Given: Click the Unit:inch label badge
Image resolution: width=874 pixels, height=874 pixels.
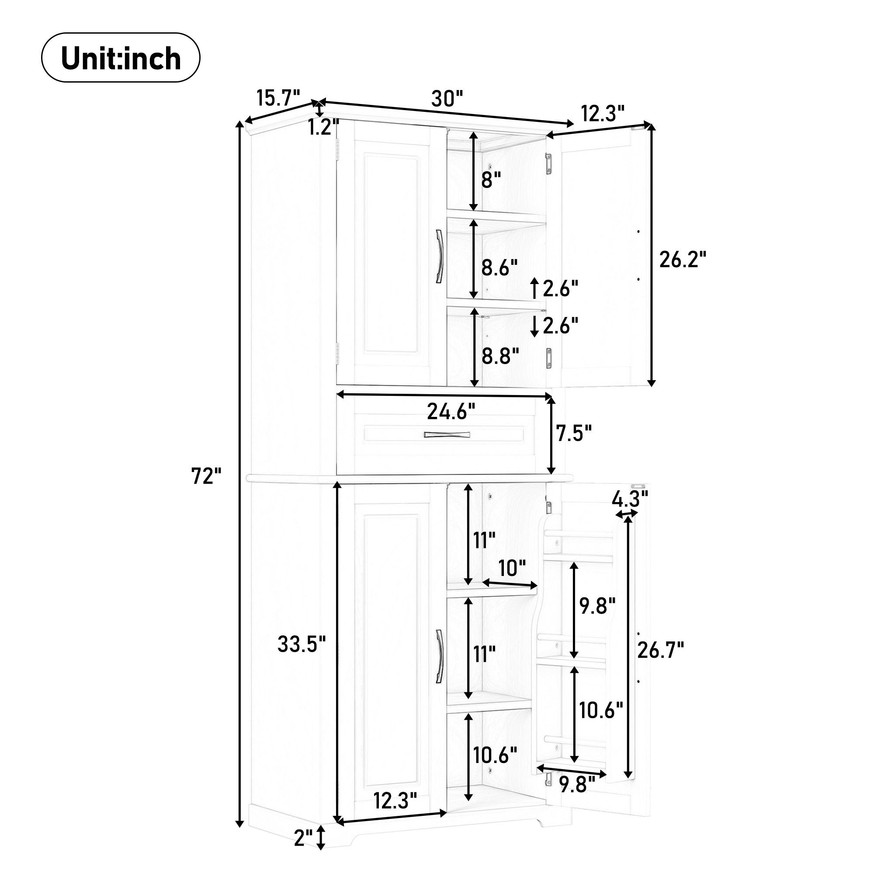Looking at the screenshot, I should [120, 58].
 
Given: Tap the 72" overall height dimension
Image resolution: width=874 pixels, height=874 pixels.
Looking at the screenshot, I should [206, 476].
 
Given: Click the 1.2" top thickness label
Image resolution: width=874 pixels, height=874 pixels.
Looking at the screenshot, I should [323, 128].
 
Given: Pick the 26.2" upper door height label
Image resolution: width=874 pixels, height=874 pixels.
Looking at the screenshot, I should [682, 260].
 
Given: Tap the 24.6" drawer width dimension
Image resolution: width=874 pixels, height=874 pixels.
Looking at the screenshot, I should [451, 412].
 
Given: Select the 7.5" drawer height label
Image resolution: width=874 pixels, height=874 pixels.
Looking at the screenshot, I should [574, 434].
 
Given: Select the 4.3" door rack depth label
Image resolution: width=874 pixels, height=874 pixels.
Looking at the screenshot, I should [630, 499].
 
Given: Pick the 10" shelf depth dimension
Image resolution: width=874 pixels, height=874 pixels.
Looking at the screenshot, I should [512, 568].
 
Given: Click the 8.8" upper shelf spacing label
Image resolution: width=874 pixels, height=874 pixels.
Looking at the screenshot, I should [499, 357].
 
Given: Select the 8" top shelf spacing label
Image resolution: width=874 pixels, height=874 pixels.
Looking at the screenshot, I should [491, 180].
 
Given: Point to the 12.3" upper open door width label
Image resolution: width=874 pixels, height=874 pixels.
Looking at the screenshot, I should [603, 114].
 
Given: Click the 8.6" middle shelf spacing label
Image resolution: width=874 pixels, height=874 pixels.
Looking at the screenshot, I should [499, 268].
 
